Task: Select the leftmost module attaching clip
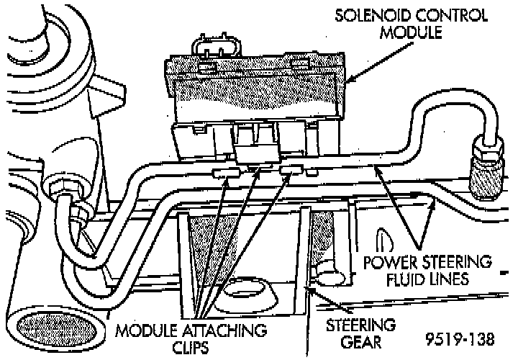224,173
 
